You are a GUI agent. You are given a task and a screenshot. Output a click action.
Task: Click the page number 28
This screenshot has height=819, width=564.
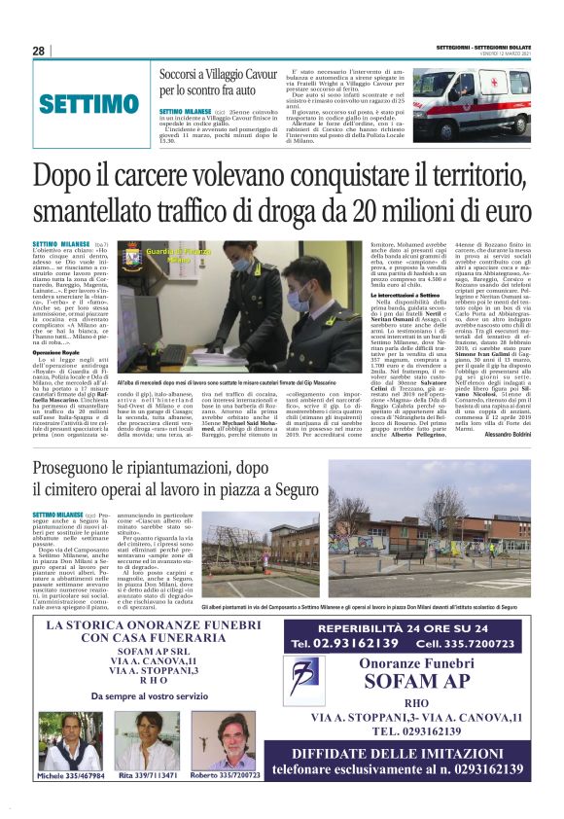[39, 51]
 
